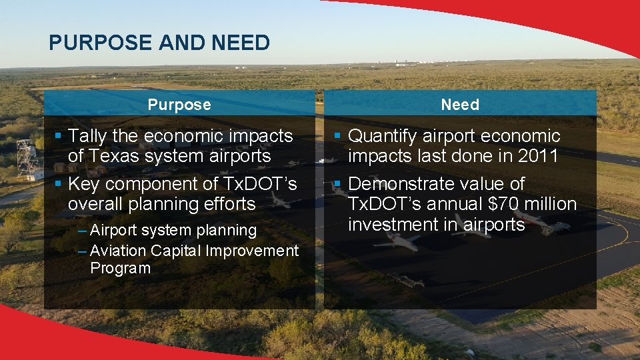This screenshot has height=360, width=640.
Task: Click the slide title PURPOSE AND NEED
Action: pos(159,43)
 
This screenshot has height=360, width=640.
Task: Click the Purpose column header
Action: pos(179,105)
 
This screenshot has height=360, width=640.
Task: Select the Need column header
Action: pos(460,105)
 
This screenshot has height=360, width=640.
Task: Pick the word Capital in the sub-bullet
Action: pos(176,251)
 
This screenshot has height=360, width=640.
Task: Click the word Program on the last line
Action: pos(120,268)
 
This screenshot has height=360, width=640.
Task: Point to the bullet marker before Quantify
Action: pos(338,136)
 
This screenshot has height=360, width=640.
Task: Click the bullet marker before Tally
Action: pos(58,136)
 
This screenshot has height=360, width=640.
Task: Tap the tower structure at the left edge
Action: pos(27,158)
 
